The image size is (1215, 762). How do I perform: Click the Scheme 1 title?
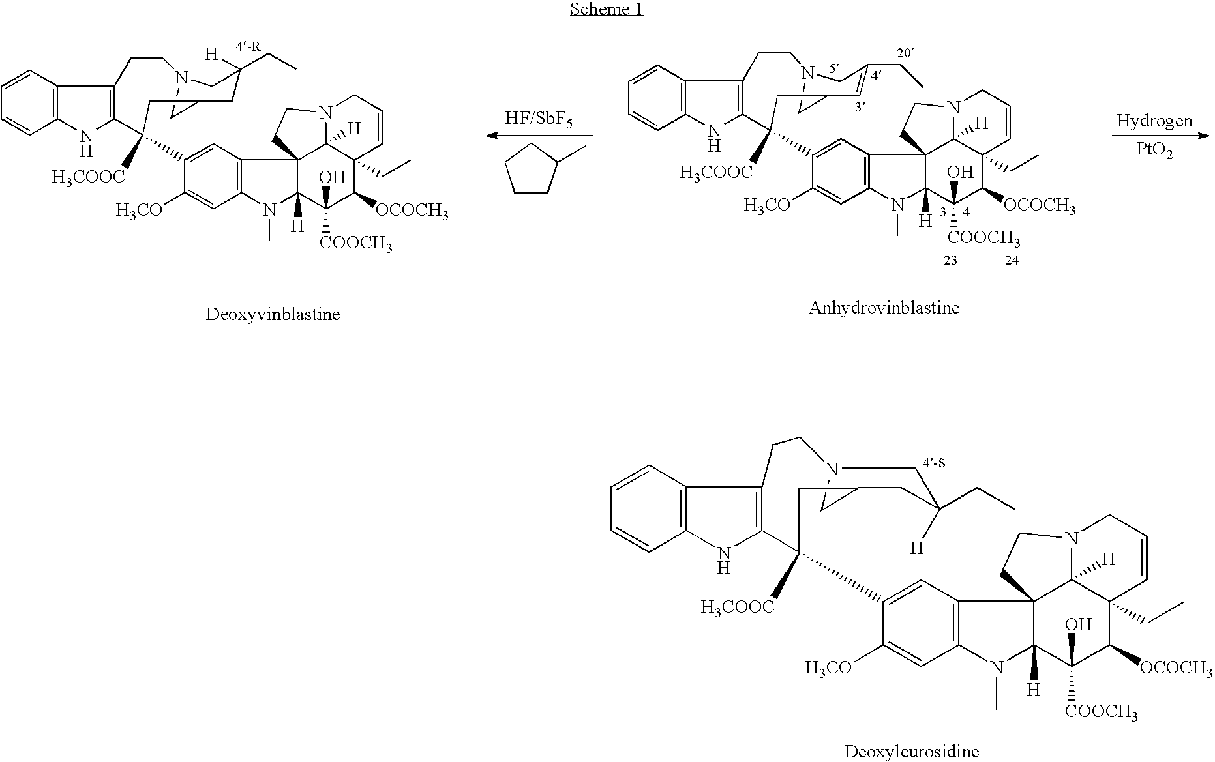pyautogui.click(x=607, y=9)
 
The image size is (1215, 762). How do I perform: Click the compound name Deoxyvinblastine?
pyautogui.click(x=273, y=315)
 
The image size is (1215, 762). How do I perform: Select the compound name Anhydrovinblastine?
pyautogui.click(x=884, y=308)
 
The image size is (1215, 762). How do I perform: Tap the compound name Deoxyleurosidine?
pyautogui.click(x=911, y=752)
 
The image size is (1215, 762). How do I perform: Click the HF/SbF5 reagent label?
pyautogui.click(x=539, y=120)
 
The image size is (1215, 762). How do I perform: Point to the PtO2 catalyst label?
pyautogui.click(x=1154, y=152)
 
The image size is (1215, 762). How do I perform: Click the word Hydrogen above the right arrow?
pyautogui.click(x=1154, y=121)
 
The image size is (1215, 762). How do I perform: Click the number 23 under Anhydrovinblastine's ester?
pyautogui.click(x=950, y=261)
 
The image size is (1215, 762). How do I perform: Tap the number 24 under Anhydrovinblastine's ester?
pyautogui.click(x=1011, y=261)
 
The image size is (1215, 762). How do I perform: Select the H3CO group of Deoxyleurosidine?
pyautogui.click(x=828, y=668)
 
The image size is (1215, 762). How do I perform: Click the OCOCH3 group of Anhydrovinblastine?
pyautogui.click(x=1040, y=206)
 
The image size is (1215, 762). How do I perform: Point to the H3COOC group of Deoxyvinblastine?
pyautogui.click(x=88, y=177)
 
